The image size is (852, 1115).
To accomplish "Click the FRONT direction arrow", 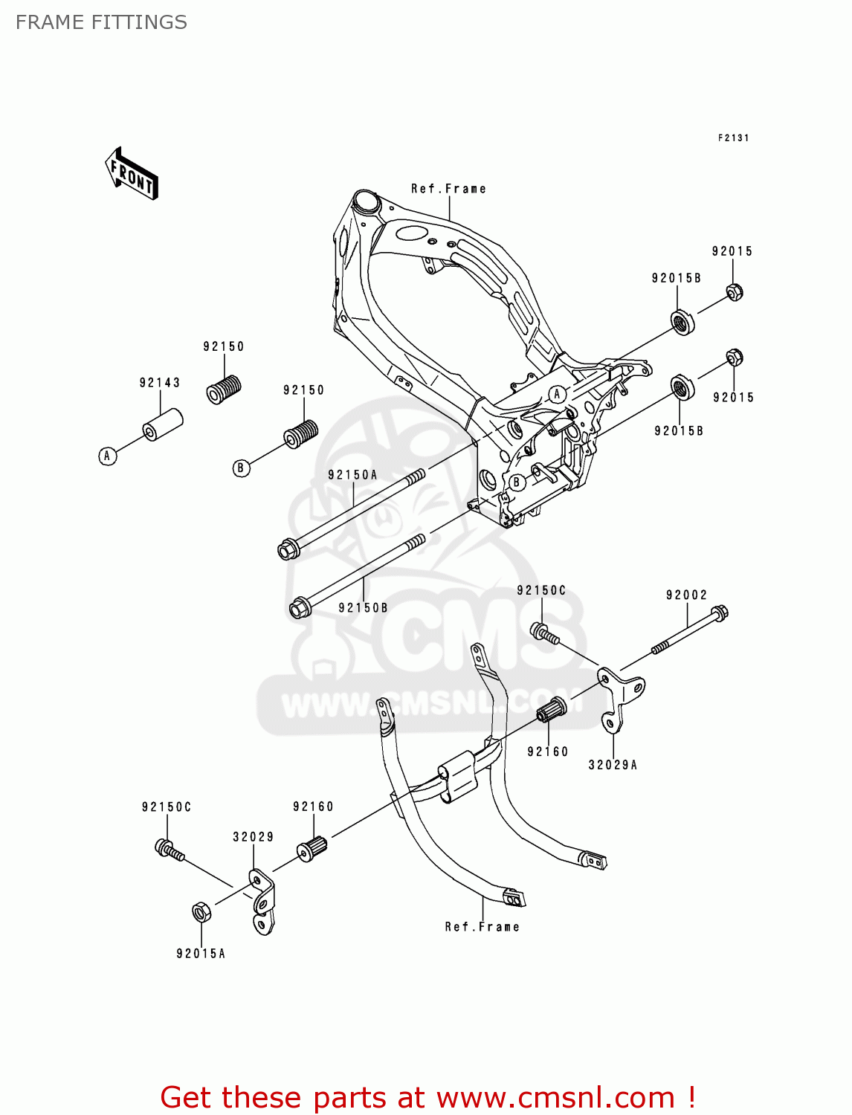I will click(x=132, y=174).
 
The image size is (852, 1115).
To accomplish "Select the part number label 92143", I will click(x=160, y=383).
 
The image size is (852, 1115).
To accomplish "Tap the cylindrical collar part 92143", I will click(x=163, y=424).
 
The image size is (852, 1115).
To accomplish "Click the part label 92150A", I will click(x=352, y=475).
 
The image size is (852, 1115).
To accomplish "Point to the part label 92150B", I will click(x=363, y=608).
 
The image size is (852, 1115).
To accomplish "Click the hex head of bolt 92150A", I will click(x=287, y=551).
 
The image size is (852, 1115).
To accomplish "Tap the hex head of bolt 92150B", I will click(x=299, y=608).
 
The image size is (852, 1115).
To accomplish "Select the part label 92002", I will click(x=686, y=595).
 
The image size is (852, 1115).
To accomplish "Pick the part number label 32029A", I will click(x=613, y=765).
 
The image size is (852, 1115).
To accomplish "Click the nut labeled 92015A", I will click(x=201, y=911).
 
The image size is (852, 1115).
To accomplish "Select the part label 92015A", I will click(x=201, y=954).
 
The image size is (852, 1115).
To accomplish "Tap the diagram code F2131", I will click(x=733, y=138).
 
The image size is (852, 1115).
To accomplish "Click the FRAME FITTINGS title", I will click(x=101, y=22).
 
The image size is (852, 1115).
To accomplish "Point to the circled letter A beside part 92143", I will click(x=108, y=456).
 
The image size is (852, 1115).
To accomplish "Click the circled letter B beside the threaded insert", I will click(x=241, y=468).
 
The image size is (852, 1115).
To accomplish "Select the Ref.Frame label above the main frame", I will click(x=448, y=189).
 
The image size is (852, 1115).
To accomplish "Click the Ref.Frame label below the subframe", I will click(x=482, y=927).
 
